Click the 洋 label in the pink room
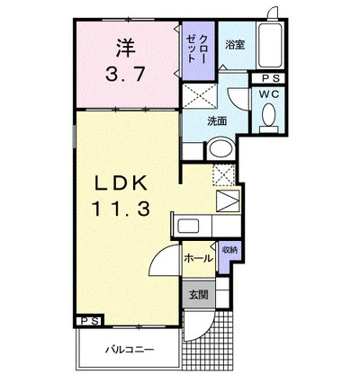pyautogui.click(x=126, y=47)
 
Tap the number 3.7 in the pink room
pyautogui.click(x=126, y=74)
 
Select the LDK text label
pyautogui.click(x=121, y=183)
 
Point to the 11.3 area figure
pyautogui.click(x=121, y=209)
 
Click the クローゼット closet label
pyautogui.click(x=196, y=49)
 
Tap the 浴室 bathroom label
pyautogui.click(x=235, y=45)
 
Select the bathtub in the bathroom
pyautogui.click(x=270, y=45)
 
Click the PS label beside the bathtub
pyautogui.click(x=271, y=78)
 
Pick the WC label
pyautogui.click(x=269, y=94)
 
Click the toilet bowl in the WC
pyautogui.click(x=269, y=114)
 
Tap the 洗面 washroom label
pyautogui.click(x=217, y=121)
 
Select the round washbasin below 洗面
pyautogui.click(x=222, y=148)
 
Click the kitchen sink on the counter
pyautogui.click(x=188, y=226)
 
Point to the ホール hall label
pyautogui.click(x=198, y=258)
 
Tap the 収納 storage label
pyautogui.click(x=229, y=250)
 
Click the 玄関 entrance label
pyautogui.click(x=199, y=295)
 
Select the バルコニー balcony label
pyautogui.click(x=130, y=350)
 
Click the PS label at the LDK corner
pyautogui.click(x=90, y=321)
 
